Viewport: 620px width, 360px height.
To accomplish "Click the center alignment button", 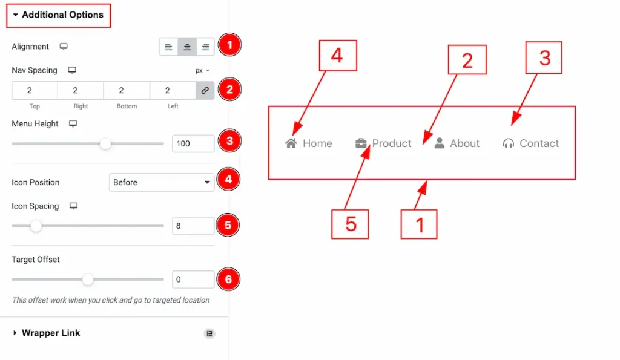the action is (187, 47).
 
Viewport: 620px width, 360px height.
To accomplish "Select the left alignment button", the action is (169, 47).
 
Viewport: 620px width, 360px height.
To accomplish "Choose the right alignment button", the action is (205, 47).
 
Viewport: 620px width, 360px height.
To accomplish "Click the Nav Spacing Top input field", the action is (35, 91).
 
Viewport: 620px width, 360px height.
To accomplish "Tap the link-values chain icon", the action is (205, 91).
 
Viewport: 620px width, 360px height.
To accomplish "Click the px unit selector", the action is (202, 70).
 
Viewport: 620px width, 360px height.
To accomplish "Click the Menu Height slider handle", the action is (105, 143).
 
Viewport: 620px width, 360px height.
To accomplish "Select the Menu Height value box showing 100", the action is (193, 143).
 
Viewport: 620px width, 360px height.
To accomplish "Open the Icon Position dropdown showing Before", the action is (162, 182).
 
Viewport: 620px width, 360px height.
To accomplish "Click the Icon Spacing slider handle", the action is (36, 226).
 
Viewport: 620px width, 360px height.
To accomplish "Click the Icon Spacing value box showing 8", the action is (193, 226).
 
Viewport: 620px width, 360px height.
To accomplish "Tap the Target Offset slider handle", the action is (88, 280).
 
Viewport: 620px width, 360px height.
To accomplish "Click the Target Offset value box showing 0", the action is (193, 280).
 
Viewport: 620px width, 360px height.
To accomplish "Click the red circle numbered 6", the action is (228, 280).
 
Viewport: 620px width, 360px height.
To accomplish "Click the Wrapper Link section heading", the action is (51, 333).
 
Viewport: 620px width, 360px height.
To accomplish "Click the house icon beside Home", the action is (291, 143).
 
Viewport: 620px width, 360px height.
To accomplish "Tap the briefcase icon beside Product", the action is (361, 143).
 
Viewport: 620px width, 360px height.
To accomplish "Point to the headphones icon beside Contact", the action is (509, 143).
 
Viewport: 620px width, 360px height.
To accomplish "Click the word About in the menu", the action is (464, 143).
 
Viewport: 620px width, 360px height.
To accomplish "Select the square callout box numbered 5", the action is (350, 224).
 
